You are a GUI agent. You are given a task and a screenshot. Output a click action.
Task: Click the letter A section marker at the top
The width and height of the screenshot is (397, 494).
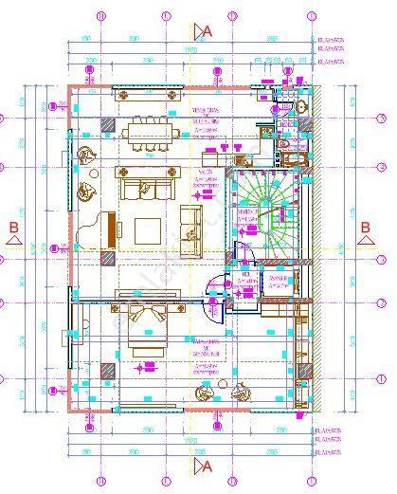208,30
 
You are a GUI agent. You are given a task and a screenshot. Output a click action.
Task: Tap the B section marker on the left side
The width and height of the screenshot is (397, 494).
13,228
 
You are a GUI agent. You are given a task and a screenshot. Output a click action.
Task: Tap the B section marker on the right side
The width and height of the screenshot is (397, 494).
365,228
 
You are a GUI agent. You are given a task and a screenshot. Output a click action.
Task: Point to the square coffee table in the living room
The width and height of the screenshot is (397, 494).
148,230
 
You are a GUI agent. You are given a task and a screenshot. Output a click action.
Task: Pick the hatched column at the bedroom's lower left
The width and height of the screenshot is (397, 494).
108,371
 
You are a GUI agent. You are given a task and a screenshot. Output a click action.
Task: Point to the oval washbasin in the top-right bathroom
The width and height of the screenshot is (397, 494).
302,107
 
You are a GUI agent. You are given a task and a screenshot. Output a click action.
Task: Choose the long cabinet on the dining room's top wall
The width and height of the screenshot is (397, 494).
146,93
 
